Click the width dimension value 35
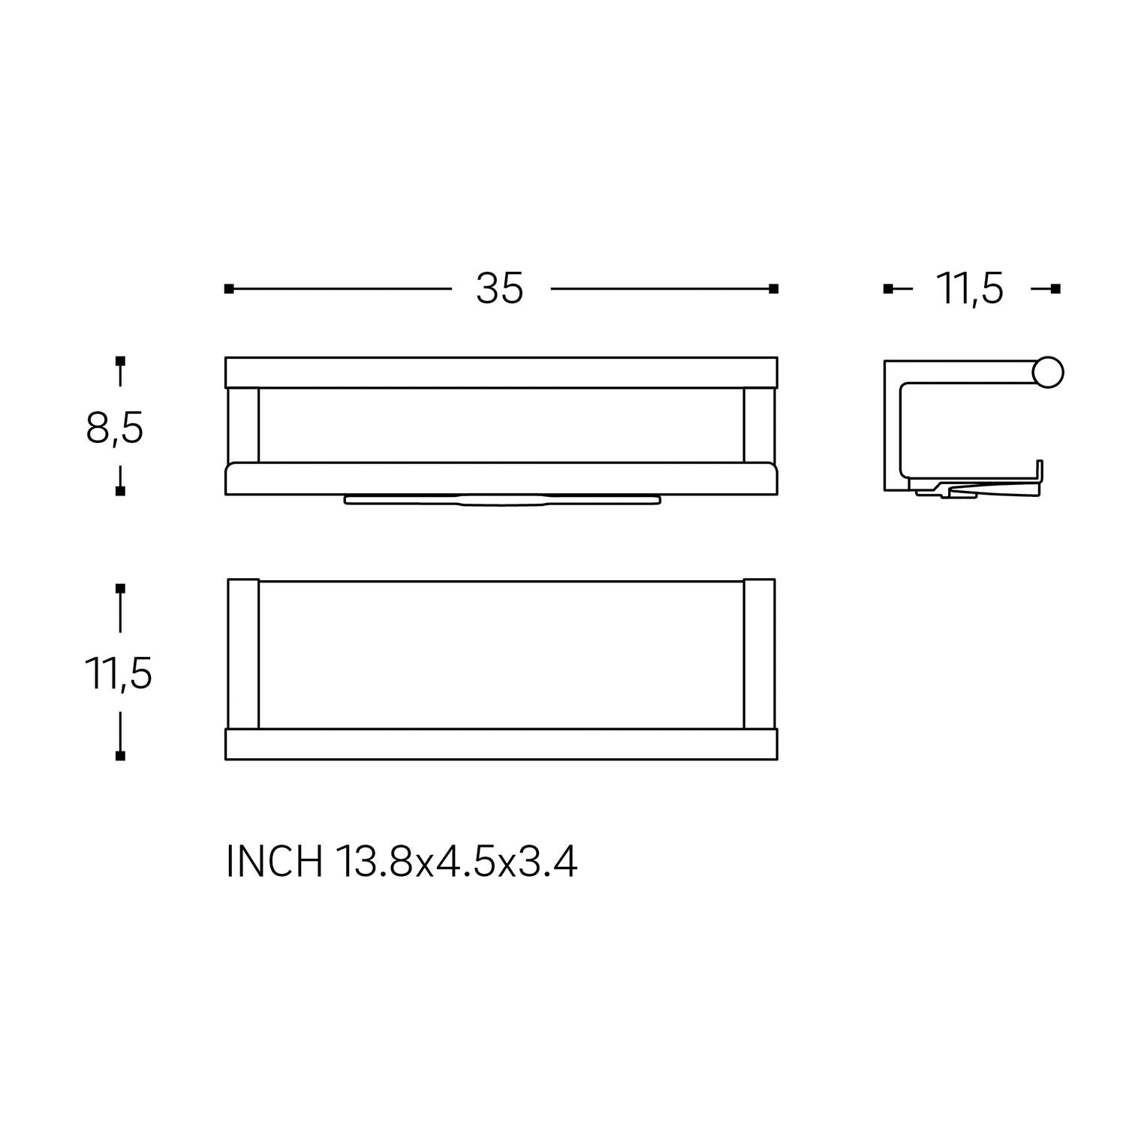point(499,289)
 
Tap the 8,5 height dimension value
point(115,429)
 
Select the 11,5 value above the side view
point(969,289)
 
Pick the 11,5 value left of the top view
point(119,673)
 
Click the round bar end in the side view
point(1048,373)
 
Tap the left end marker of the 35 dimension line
point(229,289)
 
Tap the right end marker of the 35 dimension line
point(774,289)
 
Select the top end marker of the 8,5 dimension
point(120,361)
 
